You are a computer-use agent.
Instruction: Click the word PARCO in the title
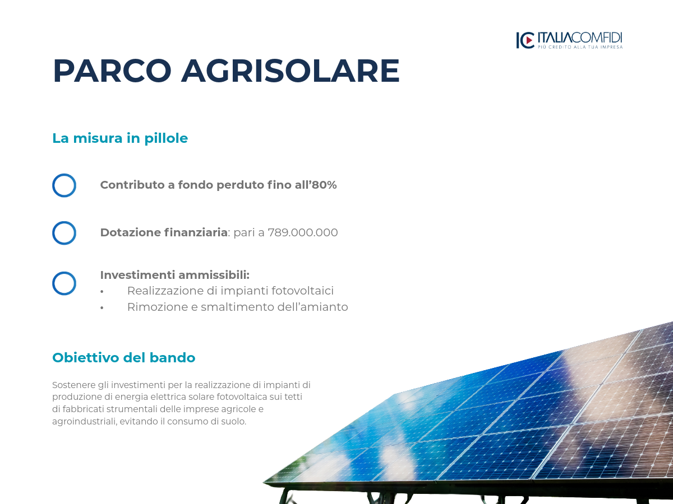coord(112,71)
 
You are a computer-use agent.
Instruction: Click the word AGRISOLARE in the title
coord(291,71)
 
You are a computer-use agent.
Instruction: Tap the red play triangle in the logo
coord(529,40)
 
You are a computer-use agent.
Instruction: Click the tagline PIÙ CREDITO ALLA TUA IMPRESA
coord(580,47)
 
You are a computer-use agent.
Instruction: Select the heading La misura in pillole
coord(120,138)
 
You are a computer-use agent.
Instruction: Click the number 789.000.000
coord(303,232)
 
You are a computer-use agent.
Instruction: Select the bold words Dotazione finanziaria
coord(164,232)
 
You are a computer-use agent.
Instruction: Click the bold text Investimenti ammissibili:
coord(175,275)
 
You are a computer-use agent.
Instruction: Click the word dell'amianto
coord(313,307)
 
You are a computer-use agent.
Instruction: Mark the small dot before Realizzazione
coord(102,292)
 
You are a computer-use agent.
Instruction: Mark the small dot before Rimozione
coord(102,308)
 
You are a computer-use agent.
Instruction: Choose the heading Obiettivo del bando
coord(124,357)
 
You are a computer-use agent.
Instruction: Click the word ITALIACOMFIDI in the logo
coord(580,38)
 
